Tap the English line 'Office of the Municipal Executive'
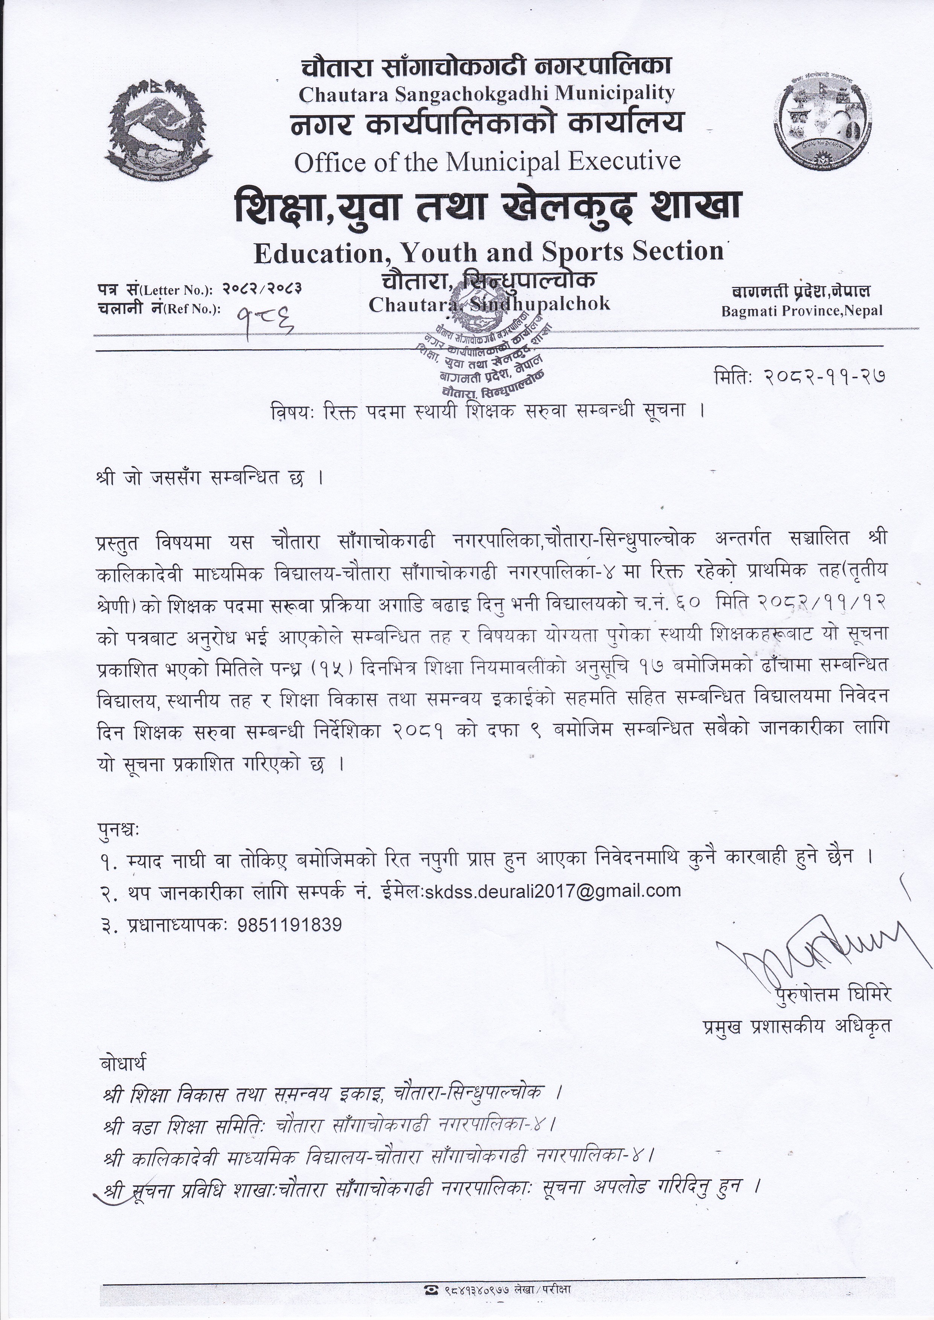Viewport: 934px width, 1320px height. tap(487, 162)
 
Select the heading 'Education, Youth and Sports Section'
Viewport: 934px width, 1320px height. tap(488, 252)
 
